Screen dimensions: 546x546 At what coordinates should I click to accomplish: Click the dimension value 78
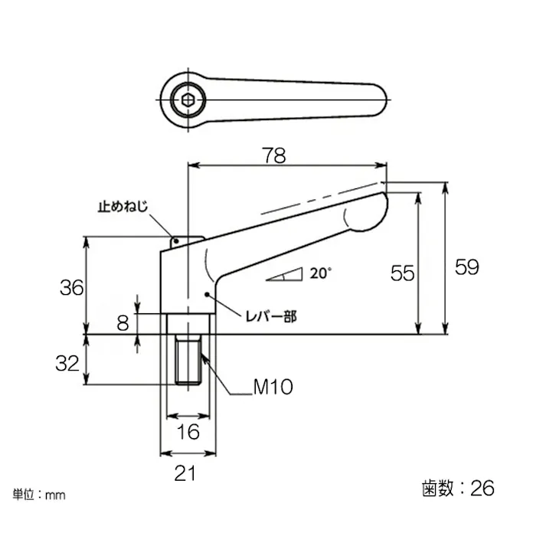(x=274, y=155)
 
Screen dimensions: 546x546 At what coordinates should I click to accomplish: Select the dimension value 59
(x=466, y=267)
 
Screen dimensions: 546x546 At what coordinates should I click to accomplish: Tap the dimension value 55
(x=402, y=273)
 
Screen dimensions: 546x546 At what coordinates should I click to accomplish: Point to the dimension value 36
(x=71, y=288)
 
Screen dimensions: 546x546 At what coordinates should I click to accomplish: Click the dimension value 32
(x=67, y=363)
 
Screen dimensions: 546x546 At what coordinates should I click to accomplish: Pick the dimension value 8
(x=123, y=322)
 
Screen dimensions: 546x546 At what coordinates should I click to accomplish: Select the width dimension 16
(x=188, y=433)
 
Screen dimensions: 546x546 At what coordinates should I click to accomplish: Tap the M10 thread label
(x=273, y=388)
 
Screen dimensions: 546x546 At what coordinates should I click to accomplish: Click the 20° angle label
(x=322, y=272)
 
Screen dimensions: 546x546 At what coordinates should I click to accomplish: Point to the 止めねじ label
(x=122, y=207)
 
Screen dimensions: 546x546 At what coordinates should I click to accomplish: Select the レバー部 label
(x=270, y=316)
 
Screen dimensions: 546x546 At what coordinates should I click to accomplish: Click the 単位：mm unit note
(x=39, y=495)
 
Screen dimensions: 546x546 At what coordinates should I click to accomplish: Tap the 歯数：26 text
(x=458, y=488)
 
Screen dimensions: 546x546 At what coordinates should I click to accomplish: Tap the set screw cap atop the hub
(x=186, y=241)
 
